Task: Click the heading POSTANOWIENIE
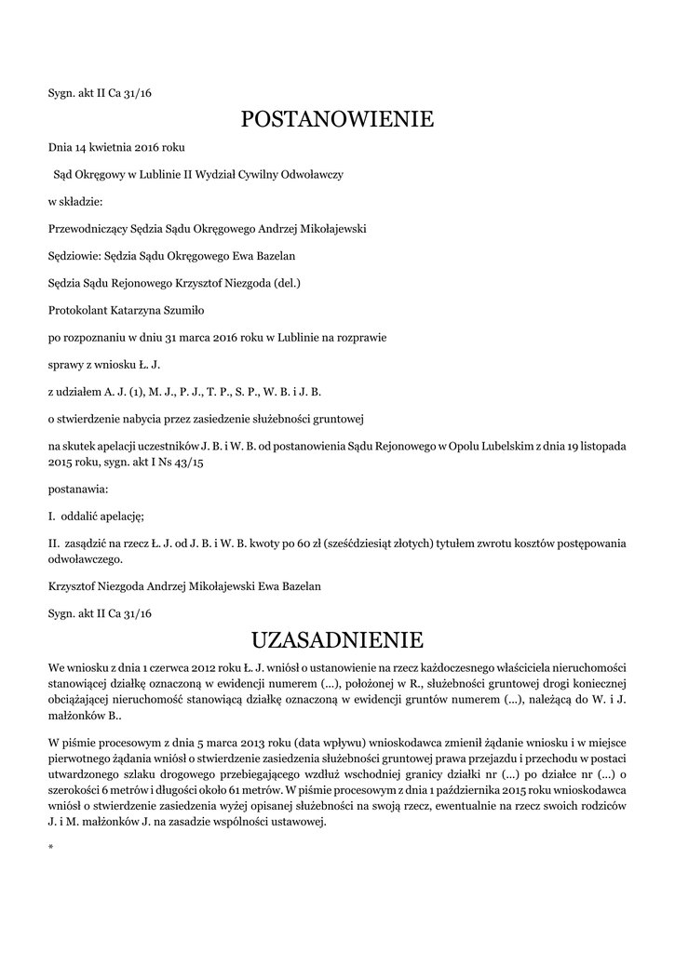pyautogui.click(x=337, y=119)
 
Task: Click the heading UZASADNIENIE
pyautogui.click(x=337, y=640)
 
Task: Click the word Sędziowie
pyautogui.click(x=76, y=255)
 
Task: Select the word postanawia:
pyautogui.click(x=78, y=488)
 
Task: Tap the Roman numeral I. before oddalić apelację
pyautogui.click(x=52, y=515)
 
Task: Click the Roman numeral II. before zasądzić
pyautogui.click(x=54, y=543)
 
